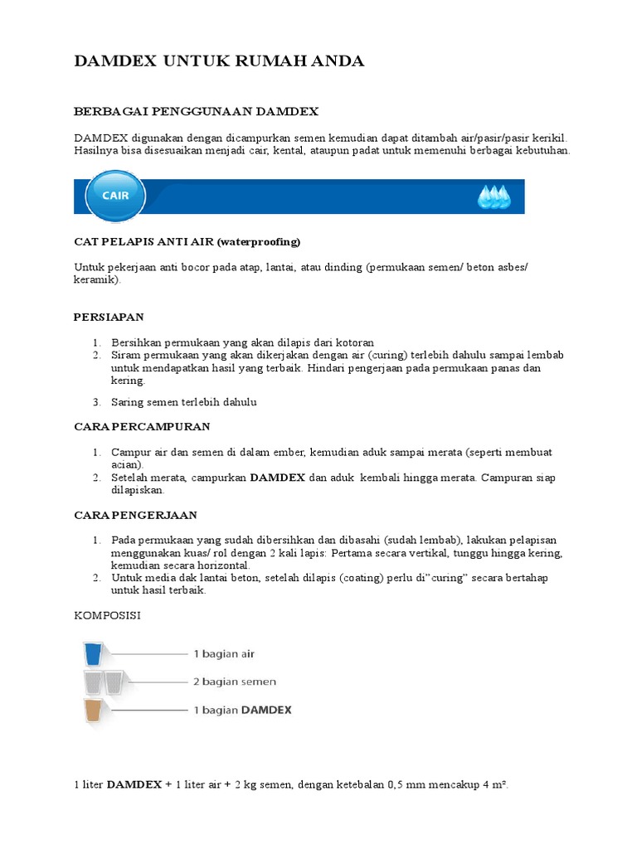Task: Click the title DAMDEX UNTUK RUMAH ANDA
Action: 219,61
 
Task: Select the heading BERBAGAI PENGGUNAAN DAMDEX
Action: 196,110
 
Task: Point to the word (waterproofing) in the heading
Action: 259,242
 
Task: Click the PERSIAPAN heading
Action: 109,317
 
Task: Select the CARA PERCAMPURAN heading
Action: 142,426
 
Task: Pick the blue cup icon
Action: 92,655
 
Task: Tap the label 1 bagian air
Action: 223,654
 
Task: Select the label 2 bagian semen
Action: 235,682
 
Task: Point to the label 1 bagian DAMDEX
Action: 242,711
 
